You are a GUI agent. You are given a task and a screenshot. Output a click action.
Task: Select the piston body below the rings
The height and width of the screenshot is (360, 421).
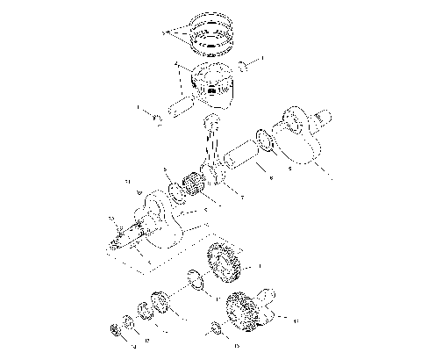210,83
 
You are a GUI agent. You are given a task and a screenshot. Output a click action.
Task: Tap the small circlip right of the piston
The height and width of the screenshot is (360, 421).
244,64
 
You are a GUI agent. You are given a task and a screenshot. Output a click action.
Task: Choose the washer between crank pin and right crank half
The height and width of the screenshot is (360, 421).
263,139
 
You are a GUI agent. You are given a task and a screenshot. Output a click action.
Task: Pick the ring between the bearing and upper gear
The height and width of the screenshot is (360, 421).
197,282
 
